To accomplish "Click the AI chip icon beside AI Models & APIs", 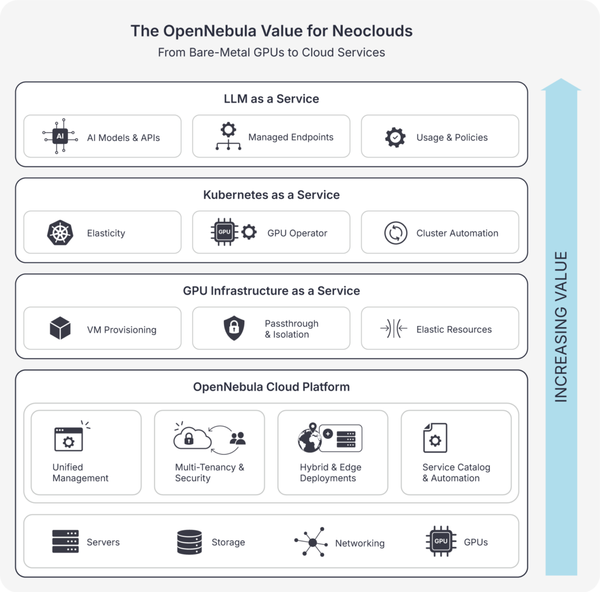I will click(59, 137).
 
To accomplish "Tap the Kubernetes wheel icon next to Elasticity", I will click(59, 233).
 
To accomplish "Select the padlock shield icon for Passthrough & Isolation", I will click(234, 329).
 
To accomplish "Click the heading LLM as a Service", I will click(271, 99).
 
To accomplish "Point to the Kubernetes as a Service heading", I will click(271, 195).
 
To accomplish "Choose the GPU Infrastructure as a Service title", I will click(271, 291).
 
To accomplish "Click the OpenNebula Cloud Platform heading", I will click(271, 387).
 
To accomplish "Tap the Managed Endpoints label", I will click(291, 137).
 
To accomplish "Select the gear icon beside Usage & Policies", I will click(395, 137).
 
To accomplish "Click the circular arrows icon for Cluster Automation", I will click(396, 233).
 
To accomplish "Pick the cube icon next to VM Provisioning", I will click(60, 329).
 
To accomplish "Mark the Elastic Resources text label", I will click(454, 330).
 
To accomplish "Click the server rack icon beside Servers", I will click(65, 542).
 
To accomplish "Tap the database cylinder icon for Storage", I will click(189, 542).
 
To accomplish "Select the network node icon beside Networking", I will click(311, 542).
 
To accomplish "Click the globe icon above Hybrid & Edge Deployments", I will click(310, 438).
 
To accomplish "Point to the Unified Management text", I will click(80, 473).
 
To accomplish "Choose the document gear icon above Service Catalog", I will click(435, 438).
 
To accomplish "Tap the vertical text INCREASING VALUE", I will click(561, 327).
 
